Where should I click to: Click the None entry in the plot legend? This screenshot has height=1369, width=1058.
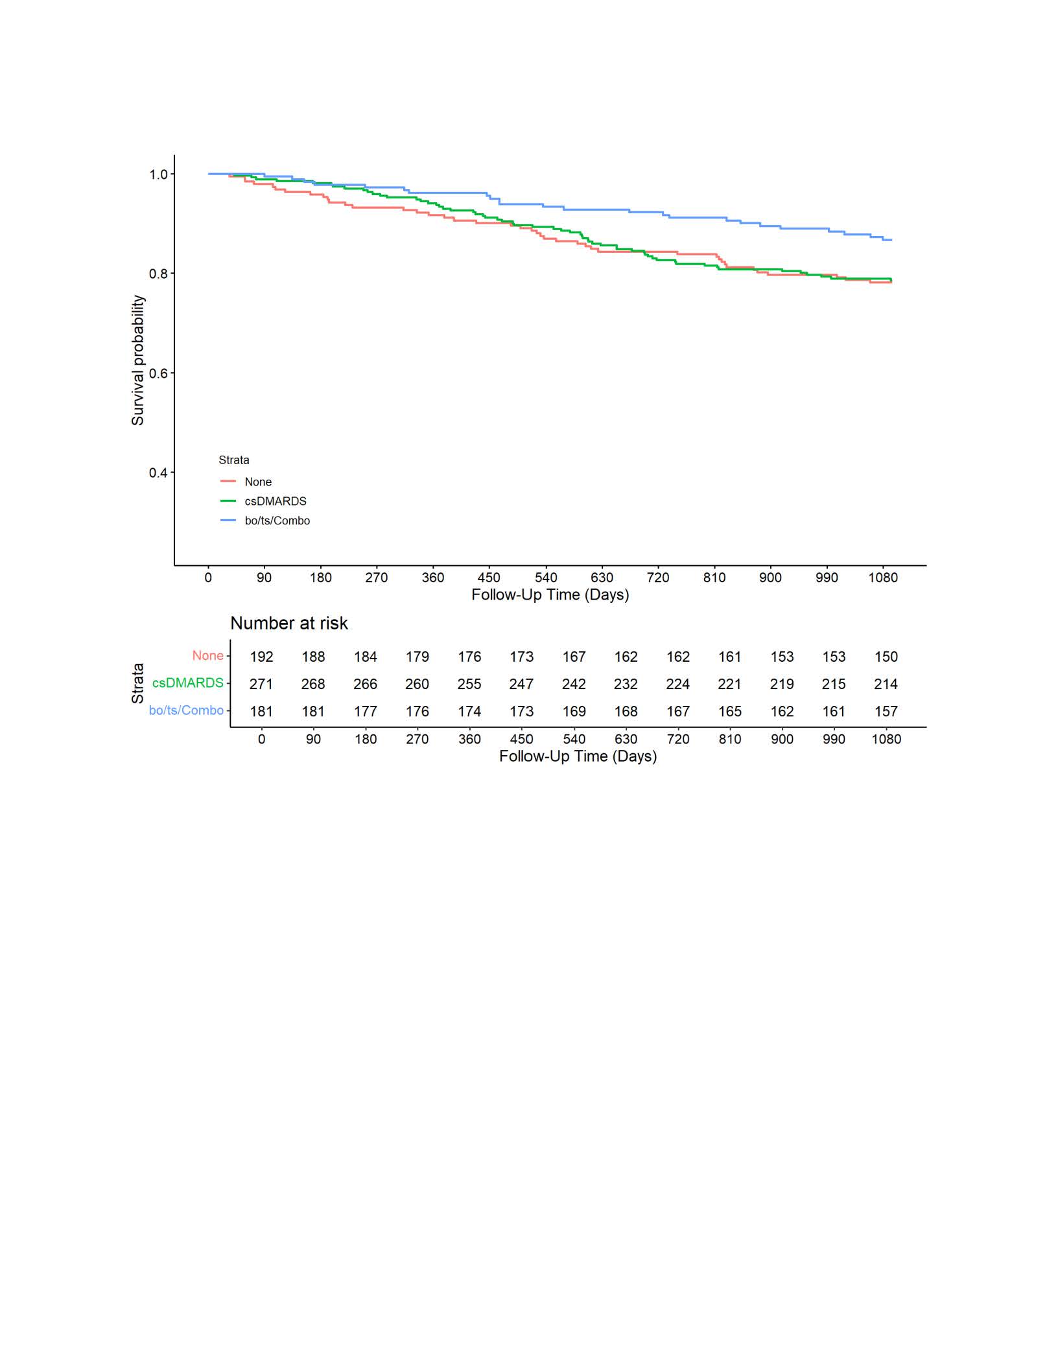click(257, 482)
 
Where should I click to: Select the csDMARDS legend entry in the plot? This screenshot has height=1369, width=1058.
click(275, 501)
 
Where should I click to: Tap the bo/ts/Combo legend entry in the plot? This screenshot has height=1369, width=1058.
click(277, 521)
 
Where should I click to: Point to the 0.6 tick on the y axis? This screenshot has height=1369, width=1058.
click(158, 373)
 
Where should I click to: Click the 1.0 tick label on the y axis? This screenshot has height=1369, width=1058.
click(158, 174)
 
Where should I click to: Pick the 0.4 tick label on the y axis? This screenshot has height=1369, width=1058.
click(158, 473)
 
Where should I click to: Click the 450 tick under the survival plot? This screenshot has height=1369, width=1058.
click(489, 578)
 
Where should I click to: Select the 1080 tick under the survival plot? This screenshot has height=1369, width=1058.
click(883, 578)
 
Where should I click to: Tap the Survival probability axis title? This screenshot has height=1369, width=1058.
click(137, 360)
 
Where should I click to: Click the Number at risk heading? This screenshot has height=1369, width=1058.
click(289, 623)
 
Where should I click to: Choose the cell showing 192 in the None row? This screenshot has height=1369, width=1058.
click(261, 657)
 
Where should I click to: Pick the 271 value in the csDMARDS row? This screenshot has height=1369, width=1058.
click(261, 684)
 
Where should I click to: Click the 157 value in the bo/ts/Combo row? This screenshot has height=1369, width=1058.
click(886, 711)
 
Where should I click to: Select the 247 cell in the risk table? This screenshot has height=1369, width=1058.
click(521, 684)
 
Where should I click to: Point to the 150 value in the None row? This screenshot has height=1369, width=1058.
click(886, 657)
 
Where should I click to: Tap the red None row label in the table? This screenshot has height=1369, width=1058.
click(207, 655)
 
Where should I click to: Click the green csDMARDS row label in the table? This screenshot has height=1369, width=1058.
click(187, 683)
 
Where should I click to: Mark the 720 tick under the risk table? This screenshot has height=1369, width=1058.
click(678, 739)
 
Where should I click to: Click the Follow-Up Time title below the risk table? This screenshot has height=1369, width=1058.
click(578, 756)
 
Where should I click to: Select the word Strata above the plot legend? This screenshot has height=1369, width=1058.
click(233, 460)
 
